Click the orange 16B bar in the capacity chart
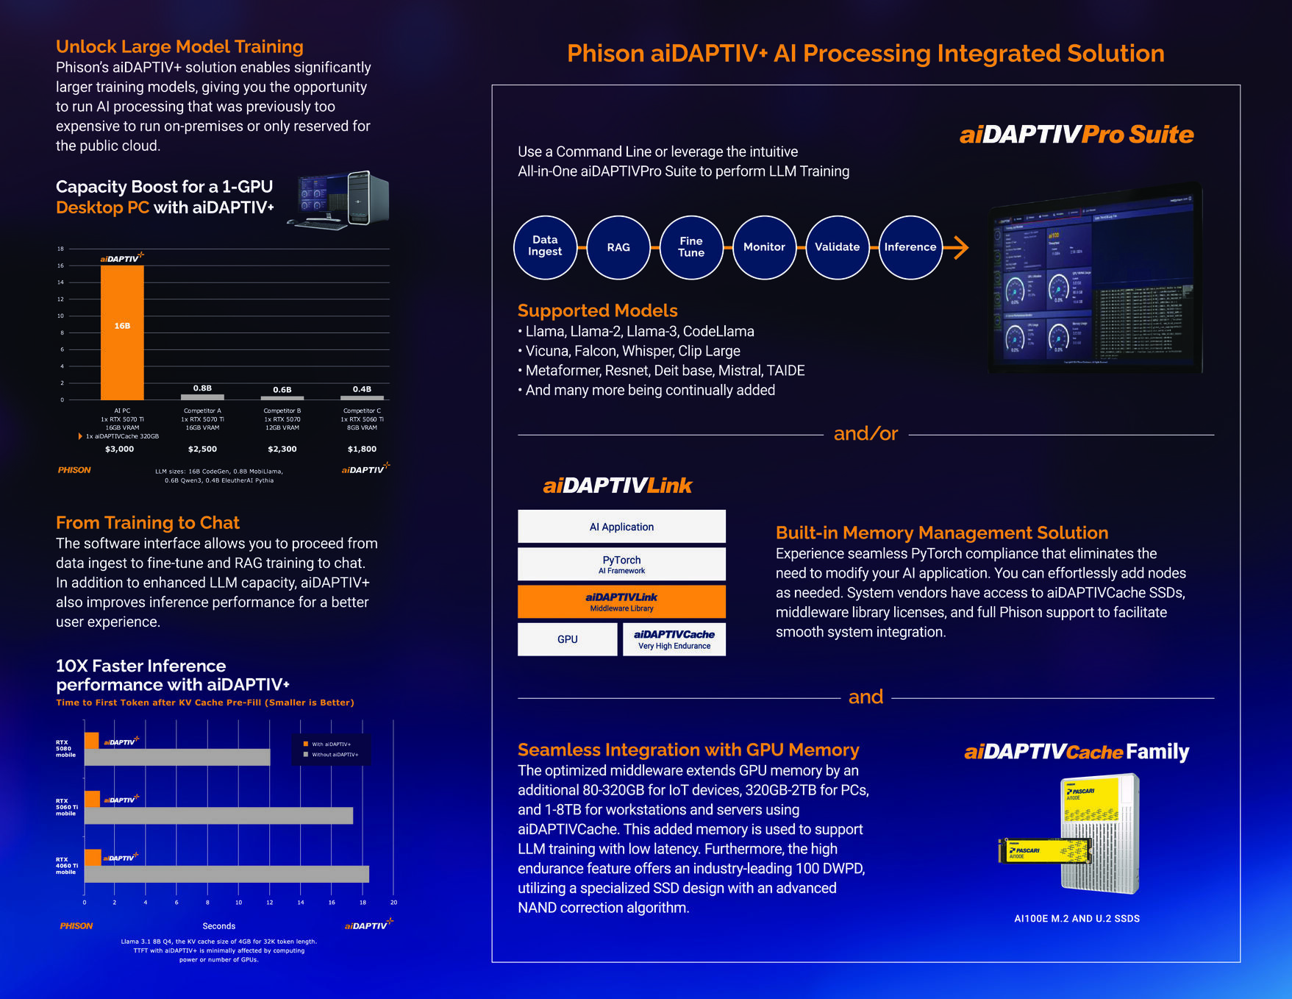[122, 333]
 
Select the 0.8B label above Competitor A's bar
[202, 388]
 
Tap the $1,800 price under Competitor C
[362, 449]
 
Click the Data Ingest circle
[545, 247]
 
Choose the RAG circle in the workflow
[618, 247]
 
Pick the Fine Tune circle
[691, 247]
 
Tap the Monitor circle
[764, 247]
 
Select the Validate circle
[837, 247]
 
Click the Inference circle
[910, 247]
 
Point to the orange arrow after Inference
[957, 247]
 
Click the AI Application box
[621, 527]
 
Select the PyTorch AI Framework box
[621, 564]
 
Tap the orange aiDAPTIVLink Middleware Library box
[621, 602]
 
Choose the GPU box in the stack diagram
[567, 639]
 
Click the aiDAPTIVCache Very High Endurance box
[674, 639]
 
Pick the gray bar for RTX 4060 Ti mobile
[226, 874]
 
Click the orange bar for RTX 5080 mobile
[92, 740]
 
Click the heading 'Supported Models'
[597, 310]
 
